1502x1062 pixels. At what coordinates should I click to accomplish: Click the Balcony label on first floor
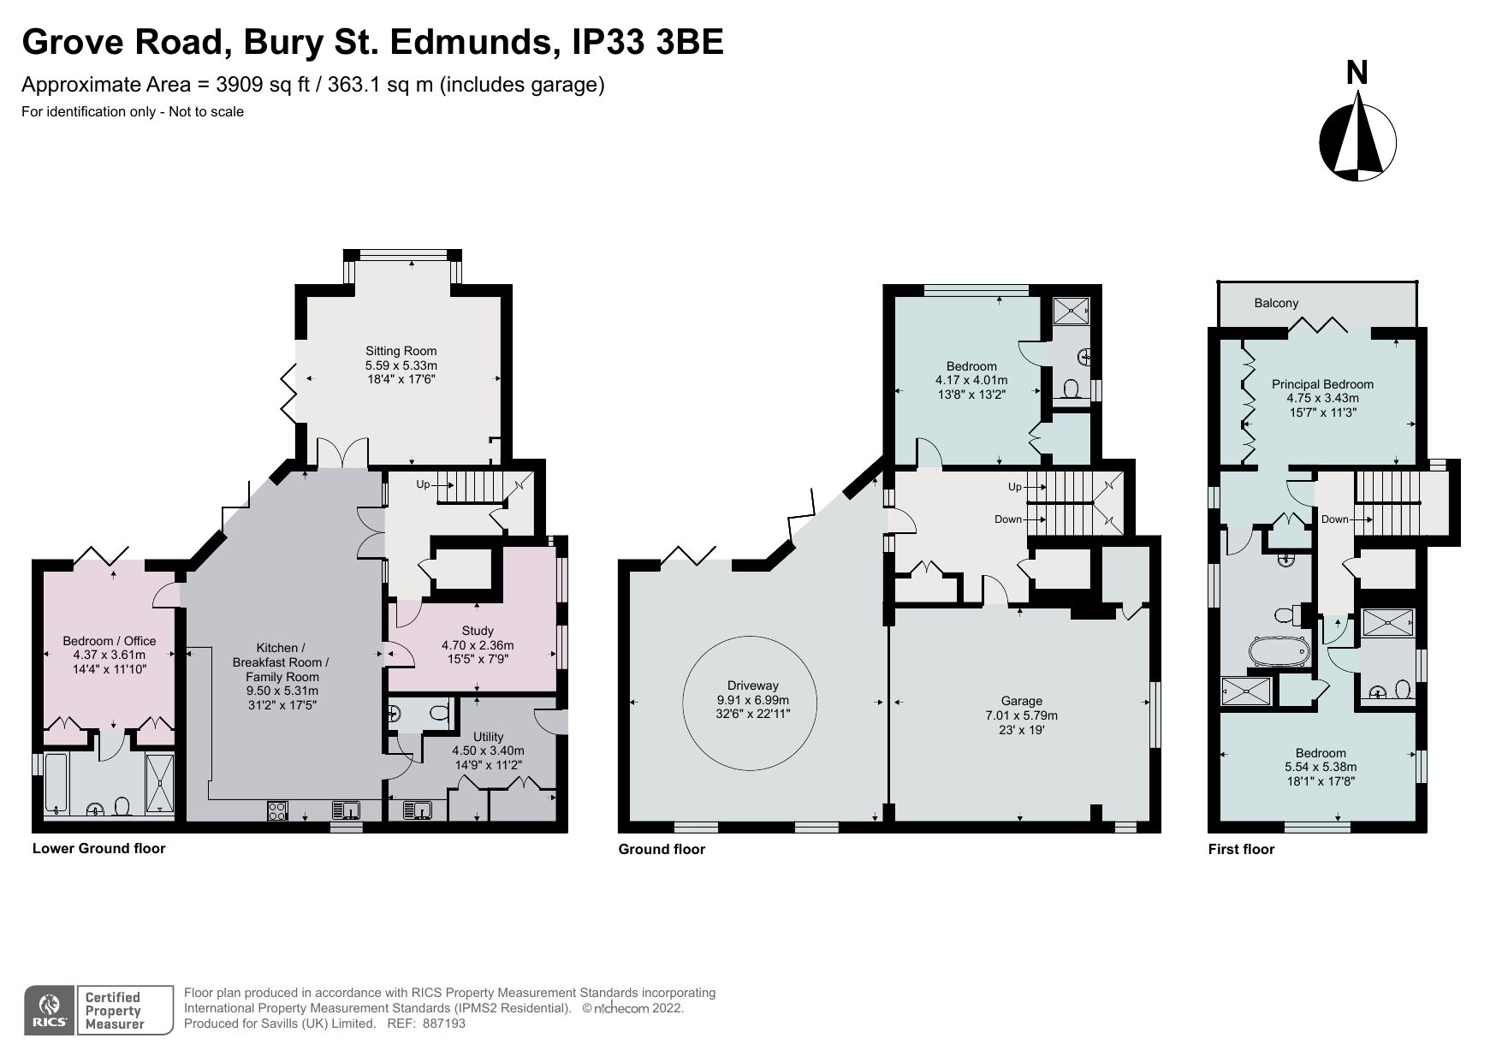1276,303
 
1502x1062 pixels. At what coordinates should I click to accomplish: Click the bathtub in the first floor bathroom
1279,651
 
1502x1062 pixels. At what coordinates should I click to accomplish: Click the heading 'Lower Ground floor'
98,848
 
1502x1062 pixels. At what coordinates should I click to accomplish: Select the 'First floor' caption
1241,849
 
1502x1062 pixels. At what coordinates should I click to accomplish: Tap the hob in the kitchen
276,810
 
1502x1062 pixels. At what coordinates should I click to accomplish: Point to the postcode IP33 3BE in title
647,41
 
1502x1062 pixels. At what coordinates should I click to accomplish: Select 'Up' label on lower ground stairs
423,484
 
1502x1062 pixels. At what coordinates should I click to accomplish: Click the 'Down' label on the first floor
1335,519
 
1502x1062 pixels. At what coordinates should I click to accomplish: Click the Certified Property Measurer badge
124,1011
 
